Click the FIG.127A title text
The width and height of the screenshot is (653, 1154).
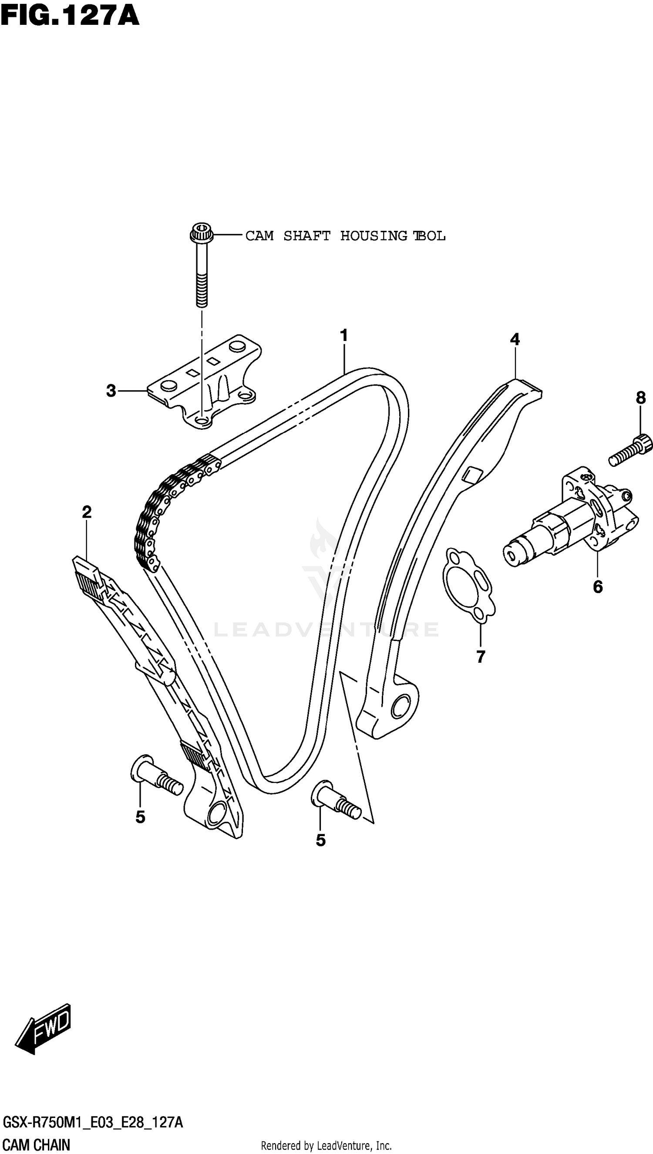click(70, 16)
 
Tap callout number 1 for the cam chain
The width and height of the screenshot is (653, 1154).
click(344, 335)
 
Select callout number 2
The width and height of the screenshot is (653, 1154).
click(87, 512)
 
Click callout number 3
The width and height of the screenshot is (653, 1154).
click(111, 391)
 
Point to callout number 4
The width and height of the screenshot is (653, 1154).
click(515, 340)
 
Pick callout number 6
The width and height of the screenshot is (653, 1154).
click(598, 587)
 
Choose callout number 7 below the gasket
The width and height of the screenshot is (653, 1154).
click(481, 657)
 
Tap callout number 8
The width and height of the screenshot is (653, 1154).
click(641, 398)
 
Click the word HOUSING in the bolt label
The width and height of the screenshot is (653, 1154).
click(374, 236)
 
